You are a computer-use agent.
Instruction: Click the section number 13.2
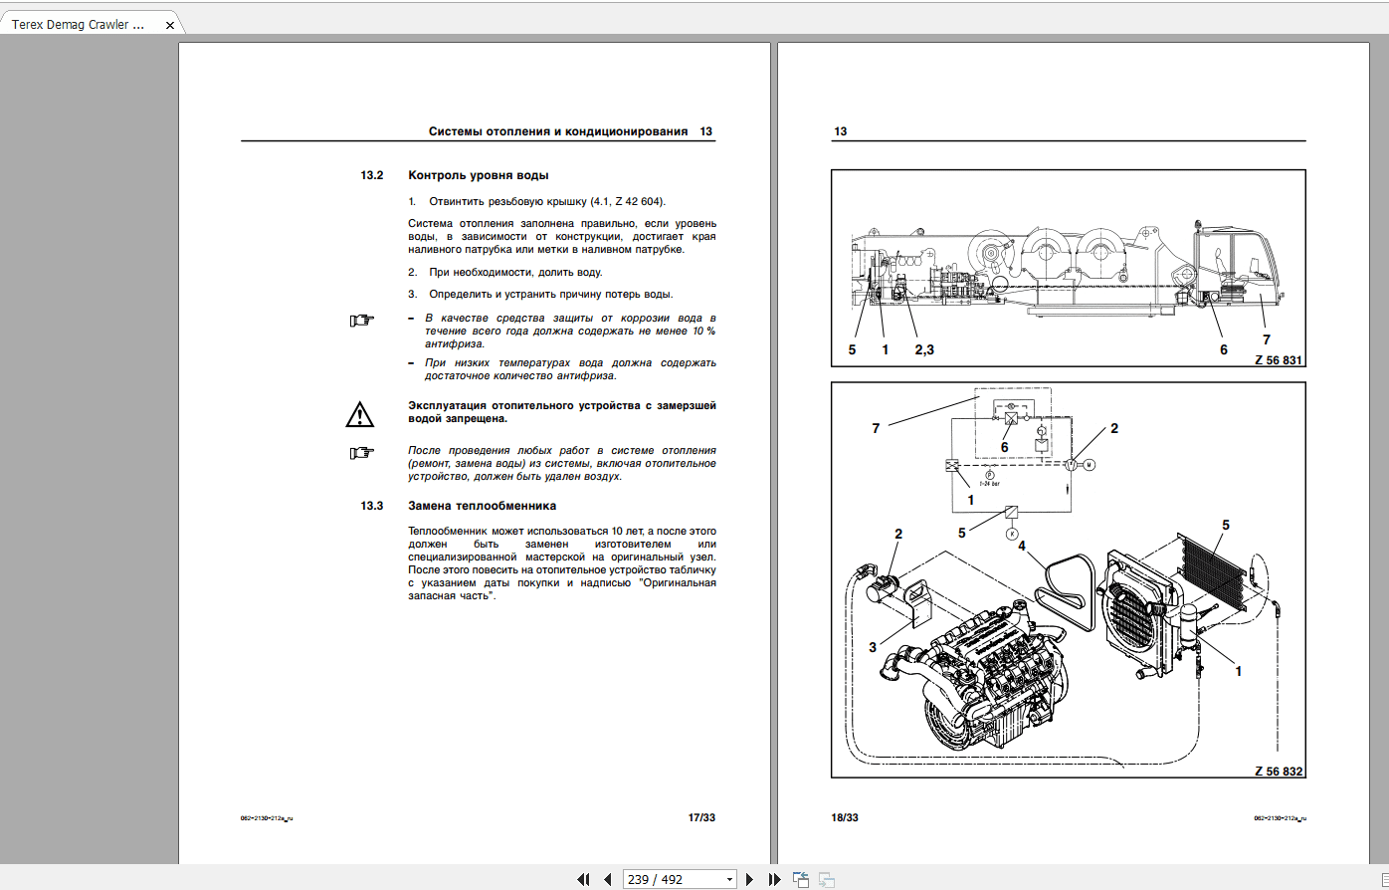(371, 175)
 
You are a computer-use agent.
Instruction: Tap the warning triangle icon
(359, 414)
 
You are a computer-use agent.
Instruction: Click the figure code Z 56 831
(1278, 359)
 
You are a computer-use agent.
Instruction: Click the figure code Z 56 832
(1278, 771)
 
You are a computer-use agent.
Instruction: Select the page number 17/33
(701, 817)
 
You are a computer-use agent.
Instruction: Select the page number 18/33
(845, 817)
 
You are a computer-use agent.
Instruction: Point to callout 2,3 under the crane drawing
(924, 349)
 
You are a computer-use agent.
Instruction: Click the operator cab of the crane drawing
(1239, 264)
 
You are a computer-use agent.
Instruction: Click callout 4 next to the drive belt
(1021, 546)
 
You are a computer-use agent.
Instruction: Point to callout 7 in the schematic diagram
(876, 428)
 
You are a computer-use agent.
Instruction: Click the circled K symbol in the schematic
(1012, 535)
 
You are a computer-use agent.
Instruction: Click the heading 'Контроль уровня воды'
(478, 175)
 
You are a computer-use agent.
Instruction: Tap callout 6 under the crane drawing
(1223, 349)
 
